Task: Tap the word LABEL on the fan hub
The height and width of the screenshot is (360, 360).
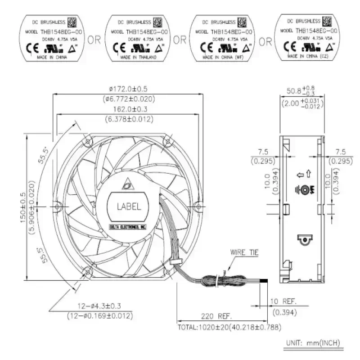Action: [129, 207]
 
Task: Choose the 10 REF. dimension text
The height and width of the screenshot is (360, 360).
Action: [283, 301]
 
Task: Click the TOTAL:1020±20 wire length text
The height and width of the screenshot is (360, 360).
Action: [228, 327]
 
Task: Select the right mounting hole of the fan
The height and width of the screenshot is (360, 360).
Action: [197, 206]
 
